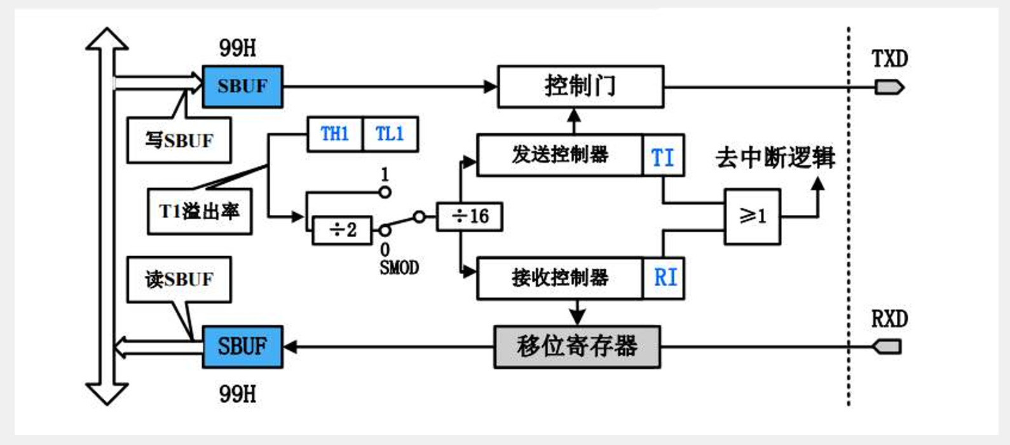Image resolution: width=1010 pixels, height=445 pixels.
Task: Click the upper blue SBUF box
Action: [242, 86]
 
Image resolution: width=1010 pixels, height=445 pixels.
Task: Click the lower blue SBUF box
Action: [242, 346]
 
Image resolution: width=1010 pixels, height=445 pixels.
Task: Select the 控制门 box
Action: [580, 86]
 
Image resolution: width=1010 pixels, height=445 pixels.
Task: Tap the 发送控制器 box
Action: [559, 155]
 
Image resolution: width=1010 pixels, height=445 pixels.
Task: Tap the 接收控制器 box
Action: [559, 278]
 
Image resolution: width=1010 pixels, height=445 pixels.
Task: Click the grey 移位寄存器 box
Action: [577, 346]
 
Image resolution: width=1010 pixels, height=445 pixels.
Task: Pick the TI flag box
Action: [663, 156]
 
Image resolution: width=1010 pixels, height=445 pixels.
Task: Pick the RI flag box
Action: [664, 278]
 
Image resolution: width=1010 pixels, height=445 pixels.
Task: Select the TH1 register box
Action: [334, 133]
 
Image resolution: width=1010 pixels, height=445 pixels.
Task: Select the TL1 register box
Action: [390, 133]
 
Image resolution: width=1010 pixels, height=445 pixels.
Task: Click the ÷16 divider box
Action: [470, 217]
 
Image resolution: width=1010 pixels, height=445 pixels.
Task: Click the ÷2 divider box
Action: [342, 229]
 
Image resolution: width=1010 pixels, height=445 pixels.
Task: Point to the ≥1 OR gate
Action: [752, 217]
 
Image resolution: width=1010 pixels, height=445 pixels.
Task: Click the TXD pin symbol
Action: [889, 87]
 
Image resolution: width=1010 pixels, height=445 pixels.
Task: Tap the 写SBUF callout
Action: [179, 140]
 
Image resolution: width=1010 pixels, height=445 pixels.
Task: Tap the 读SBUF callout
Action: [179, 280]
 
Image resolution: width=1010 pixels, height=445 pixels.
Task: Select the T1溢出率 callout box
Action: [199, 211]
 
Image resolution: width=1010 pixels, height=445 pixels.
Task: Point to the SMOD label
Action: [399, 268]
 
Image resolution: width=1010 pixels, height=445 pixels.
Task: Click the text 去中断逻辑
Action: [775, 157]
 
